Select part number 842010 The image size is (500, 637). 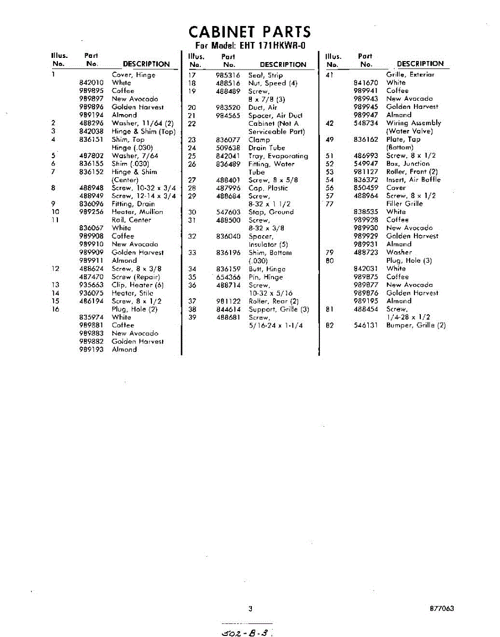click(x=91, y=83)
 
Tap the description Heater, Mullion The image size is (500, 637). click(x=137, y=212)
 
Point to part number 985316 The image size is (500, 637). click(x=228, y=75)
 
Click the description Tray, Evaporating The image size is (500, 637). click(x=278, y=156)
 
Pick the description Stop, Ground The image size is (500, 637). click(x=270, y=212)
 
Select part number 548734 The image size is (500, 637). click(x=366, y=123)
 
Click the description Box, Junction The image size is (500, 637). click(x=408, y=163)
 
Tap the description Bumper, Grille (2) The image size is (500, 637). click(x=416, y=325)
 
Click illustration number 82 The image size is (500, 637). click(x=329, y=325)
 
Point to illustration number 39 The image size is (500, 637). click(x=192, y=317)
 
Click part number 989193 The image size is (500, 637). click(x=91, y=350)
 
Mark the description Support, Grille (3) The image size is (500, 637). click(x=278, y=309)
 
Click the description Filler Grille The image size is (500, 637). click(x=404, y=204)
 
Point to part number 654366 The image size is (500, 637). click(x=228, y=277)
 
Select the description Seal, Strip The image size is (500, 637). click(x=266, y=75)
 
